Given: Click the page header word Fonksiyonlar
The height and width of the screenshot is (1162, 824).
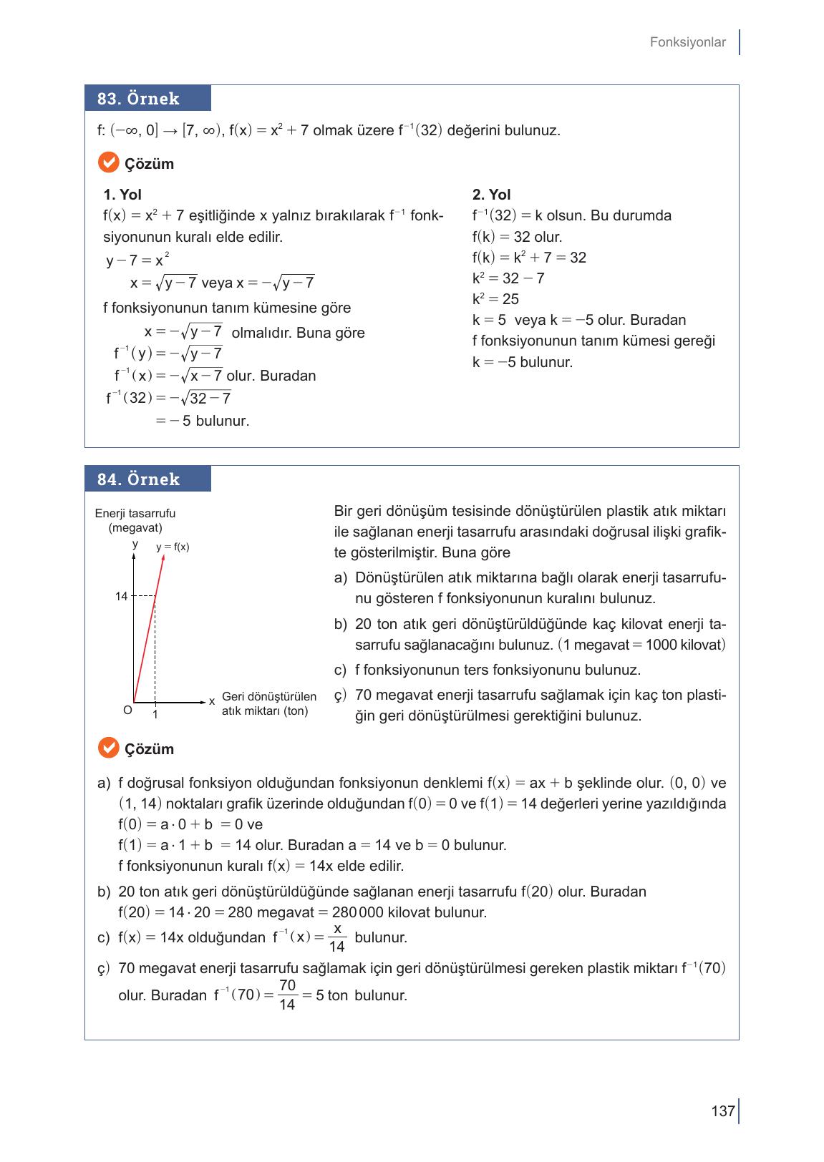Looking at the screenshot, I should click(687, 42).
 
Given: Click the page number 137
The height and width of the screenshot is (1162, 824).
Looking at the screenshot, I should click(723, 1111).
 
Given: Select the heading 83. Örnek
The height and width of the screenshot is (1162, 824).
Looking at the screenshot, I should click(139, 99).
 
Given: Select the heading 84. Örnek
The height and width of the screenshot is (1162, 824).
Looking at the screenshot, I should click(139, 479).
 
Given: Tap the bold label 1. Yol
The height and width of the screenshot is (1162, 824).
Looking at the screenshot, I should click(122, 195).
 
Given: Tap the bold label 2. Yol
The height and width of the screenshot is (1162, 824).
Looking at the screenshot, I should click(491, 195).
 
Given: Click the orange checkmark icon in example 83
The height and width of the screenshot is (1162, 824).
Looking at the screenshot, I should click(107, 163).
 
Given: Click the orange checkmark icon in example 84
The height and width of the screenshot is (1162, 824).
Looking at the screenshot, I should click(107, 748).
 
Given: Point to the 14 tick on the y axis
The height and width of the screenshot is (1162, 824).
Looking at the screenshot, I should click(121, 596).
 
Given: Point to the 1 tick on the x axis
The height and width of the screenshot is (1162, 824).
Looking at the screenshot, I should click(155, 715).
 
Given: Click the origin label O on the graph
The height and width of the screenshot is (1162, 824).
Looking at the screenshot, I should click(127, 711).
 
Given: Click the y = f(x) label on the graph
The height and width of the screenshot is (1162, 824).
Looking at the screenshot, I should click(173, 547).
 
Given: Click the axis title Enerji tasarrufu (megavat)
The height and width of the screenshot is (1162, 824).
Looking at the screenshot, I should click(135, 520).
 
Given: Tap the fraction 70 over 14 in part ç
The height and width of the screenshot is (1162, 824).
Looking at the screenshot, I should click(287, 995).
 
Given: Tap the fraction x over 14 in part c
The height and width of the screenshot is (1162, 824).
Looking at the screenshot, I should click(336, 937).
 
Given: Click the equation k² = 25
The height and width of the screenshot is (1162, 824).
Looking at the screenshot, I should click(495, 299).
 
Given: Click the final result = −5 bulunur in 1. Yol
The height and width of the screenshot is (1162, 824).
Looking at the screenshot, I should click(203, 421).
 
